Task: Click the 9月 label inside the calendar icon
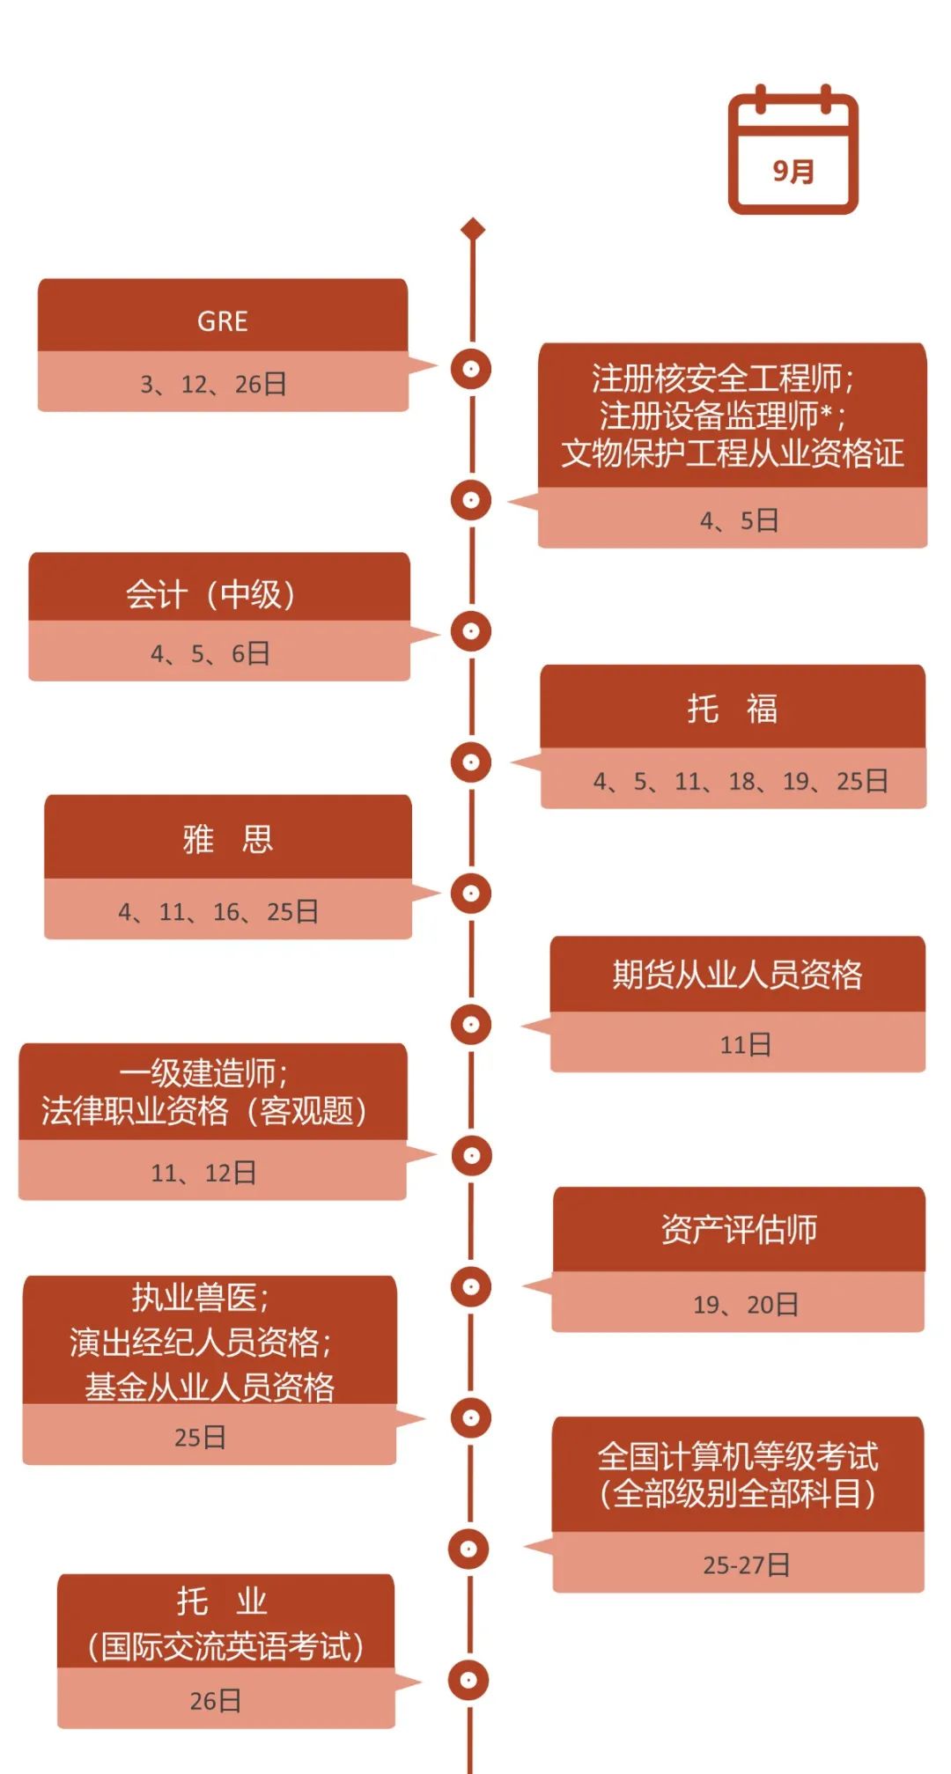[793, 170]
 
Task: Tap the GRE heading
[223, 321]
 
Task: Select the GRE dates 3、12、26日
[214, 384]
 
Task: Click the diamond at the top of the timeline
[473, 230]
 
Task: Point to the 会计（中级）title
[210, 594]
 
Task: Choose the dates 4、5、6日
[210, 653]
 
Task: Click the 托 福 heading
[733, 708]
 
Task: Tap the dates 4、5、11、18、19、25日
[741, 781]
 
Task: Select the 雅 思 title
[228, 839]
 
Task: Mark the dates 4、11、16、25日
[218, 911]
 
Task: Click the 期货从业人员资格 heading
[738, 975]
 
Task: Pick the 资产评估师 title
[739, 1229]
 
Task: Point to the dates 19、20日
[746, 1304]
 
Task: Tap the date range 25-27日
[746, 1564]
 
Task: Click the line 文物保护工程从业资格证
[733, 453]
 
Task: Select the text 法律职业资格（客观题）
[204, 1111]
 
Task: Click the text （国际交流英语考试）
[225, 1646]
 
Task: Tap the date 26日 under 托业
[216, 1700]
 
